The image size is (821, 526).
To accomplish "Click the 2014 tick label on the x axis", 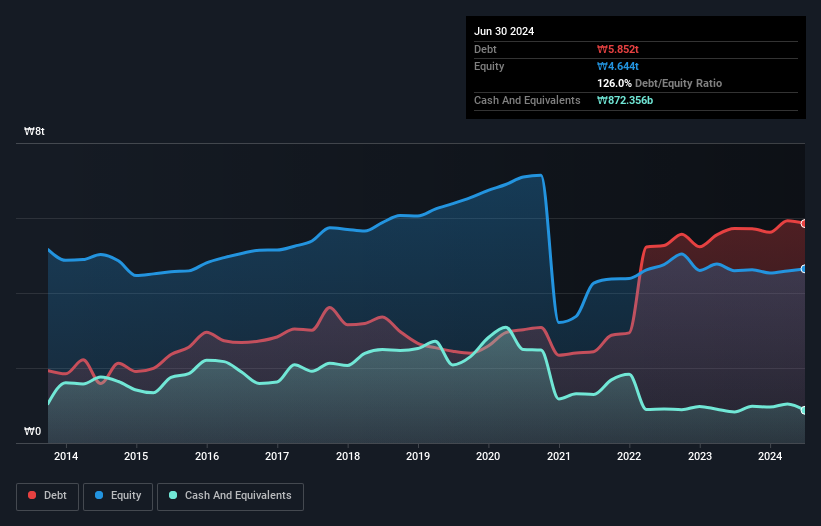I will (x=66, y=457).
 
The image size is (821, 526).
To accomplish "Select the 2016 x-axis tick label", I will (x=207, y=457).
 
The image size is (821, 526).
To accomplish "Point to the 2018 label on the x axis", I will (x=348, y=457).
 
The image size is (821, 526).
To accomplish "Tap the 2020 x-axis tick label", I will (x=489, y=457).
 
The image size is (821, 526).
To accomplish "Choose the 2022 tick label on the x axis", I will (x=630, y=457).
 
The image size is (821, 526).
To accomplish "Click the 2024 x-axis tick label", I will (x=771, y=457).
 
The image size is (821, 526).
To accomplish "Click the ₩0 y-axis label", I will (x=33, y=432).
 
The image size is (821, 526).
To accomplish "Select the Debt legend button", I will (x=47, y=495).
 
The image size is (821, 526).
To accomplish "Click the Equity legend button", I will (x=118, y=495).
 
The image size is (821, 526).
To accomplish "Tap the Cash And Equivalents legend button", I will (x=230, y=495).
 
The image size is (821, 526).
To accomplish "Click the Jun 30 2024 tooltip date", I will (x=504, y=31).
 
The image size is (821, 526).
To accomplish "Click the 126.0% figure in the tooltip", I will (x=615, y=83).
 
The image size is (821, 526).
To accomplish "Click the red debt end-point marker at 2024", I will (x=804, y=223).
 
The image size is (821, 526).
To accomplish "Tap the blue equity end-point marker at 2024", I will (x=804, y=268).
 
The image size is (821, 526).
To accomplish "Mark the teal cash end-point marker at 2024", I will (x=804, y=410).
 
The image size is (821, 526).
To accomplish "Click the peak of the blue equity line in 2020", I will (x=539, y=176).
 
